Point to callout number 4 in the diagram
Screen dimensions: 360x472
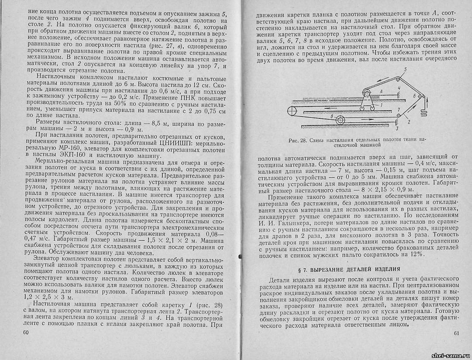399,90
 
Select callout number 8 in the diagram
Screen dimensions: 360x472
333,117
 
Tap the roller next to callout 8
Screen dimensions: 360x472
343,119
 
